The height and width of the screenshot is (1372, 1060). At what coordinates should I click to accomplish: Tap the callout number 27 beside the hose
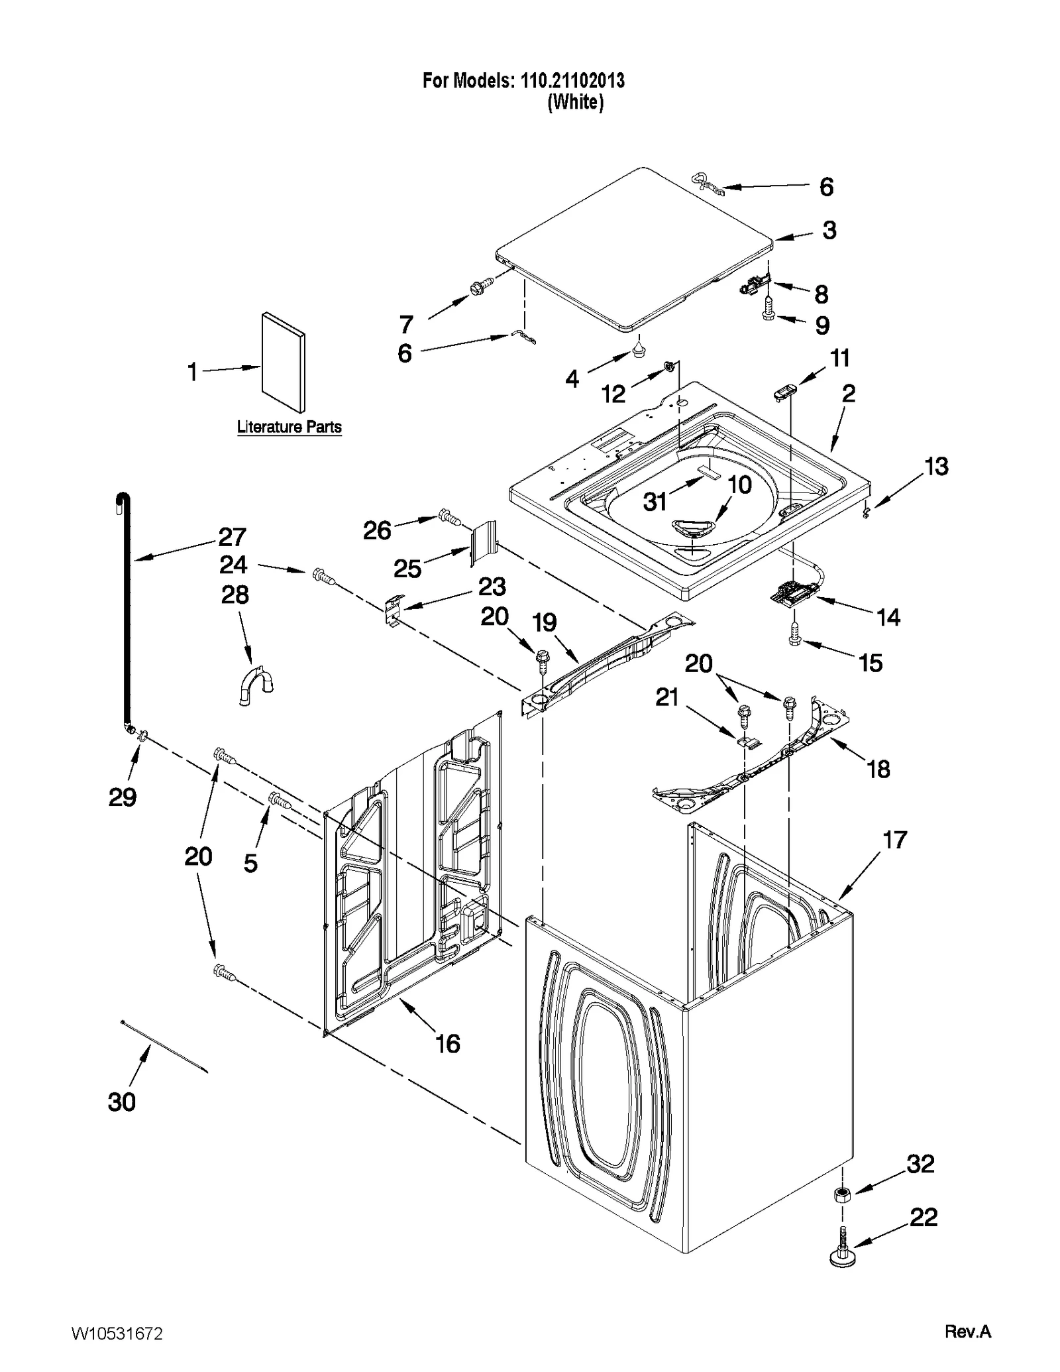(x=232, y=536)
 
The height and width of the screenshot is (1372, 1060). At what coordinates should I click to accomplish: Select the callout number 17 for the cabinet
(x=894, y=840)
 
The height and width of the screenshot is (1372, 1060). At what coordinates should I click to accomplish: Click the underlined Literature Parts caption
(x=290, y=427)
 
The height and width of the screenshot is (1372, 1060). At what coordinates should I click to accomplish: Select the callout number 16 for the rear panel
(x=447, y=1043)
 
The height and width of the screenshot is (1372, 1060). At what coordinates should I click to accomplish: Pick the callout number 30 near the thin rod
(x=122, y=1102)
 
